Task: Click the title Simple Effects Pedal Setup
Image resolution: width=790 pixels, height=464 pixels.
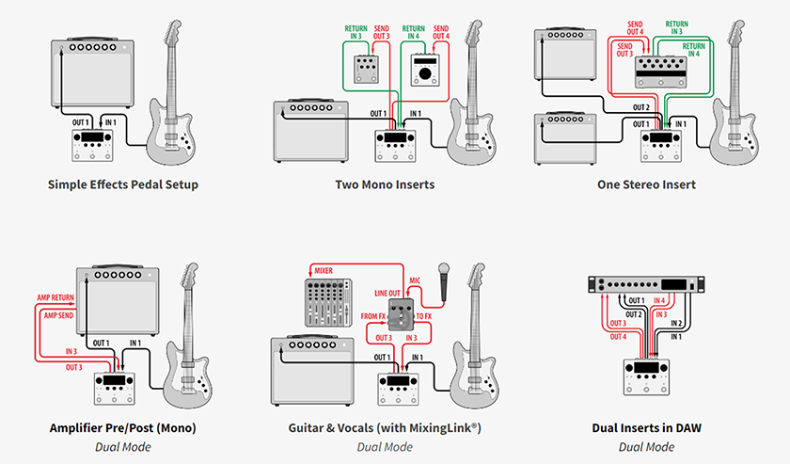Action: [x=123, y=184]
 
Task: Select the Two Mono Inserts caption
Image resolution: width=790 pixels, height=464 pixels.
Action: [x=386, y=184]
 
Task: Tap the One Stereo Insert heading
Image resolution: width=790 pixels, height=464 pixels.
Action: [x=647, y=184]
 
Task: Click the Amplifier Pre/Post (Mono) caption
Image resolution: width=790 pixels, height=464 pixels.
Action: [x=123, y=428]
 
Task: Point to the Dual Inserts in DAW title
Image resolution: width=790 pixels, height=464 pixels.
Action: [x=647, y=428]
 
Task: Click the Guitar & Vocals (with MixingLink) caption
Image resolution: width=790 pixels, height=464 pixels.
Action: [x=386, y=428]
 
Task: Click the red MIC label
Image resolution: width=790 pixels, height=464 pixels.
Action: [x=416, y=280]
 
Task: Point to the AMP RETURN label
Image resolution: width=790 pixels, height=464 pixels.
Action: [x=55, y=296]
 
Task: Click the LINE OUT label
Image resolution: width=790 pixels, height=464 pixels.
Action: [x=388, y=295]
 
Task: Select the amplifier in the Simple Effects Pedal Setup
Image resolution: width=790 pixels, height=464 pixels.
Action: [x=91, y=73]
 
